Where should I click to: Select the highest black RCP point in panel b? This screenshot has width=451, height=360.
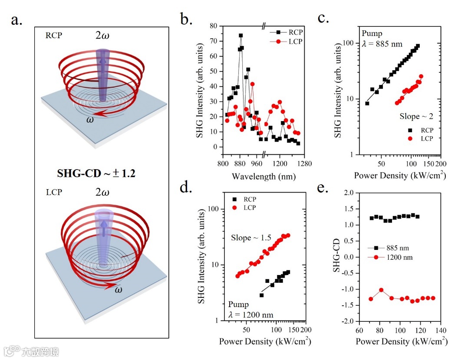(x=241, y=36)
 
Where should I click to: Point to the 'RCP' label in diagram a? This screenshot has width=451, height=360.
(x=53, y=36)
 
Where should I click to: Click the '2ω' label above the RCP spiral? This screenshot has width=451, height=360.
(x=102, y=35)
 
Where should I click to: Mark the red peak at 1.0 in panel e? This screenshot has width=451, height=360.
(x=381, y=290)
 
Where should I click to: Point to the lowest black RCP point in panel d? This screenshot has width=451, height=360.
(x=262, y=295)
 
